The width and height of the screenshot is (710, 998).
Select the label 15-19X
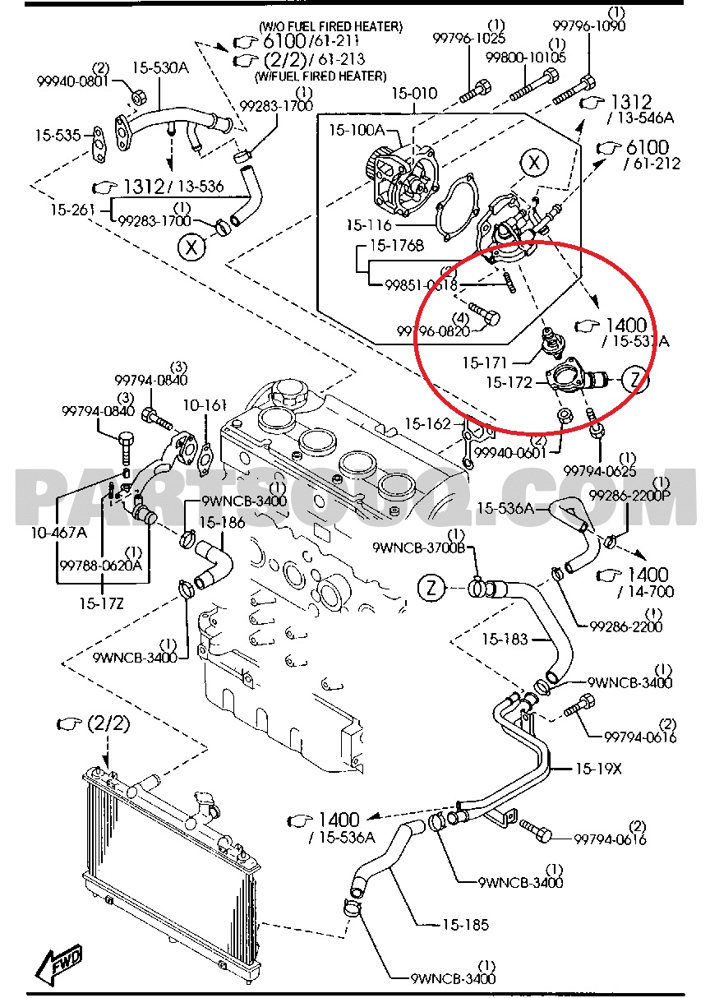(x=598, y=769)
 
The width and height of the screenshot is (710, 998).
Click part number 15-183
(x=505, y=638)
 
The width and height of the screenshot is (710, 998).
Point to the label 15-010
(x=413, y=94)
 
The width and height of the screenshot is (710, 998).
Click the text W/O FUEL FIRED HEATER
(x=330, y=27)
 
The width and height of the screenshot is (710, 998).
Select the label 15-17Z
(x=101, y=603)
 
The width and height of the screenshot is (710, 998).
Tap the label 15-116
(x=369, y=225)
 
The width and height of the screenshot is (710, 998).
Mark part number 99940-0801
(x=71, y=81)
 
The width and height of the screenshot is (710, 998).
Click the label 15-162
(x=427, y=424)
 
